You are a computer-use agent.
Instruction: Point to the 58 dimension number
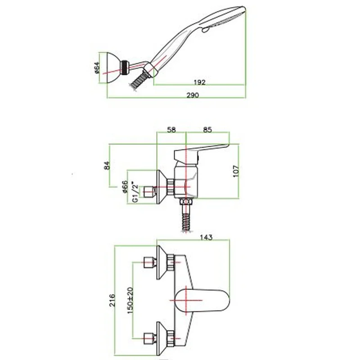click(171, 130)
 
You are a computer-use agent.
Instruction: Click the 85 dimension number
click(207, 130)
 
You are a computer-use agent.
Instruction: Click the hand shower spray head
click(225, 18)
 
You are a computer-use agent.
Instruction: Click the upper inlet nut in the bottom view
click(149, 261)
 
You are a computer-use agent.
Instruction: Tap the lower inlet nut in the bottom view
click(149, 336)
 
